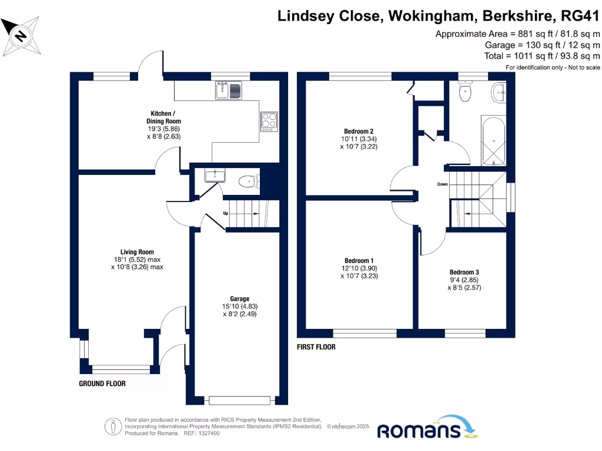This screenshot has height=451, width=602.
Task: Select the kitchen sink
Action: (228, 90)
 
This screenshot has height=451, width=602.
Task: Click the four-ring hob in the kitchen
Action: (269, 120)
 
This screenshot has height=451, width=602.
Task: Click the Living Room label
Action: (137, 252)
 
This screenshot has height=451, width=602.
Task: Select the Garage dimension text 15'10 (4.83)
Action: (240, 306)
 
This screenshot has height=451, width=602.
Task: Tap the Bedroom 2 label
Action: (359, 132)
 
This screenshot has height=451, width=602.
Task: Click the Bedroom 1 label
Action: (359, 261)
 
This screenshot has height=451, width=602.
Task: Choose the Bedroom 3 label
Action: (464, 272)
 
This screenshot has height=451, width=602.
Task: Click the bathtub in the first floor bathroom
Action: (493, 141)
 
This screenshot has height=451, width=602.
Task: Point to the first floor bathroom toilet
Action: (465, 92)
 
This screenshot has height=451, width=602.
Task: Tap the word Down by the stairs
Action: (442, 184)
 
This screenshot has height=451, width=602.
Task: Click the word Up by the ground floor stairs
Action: (225, 213)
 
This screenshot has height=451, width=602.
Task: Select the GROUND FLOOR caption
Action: (102, 383)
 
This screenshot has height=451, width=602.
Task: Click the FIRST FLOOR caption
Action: (316, 347)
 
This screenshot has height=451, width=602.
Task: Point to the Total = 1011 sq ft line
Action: (542, 56)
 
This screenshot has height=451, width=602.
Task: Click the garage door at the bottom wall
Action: (239, 400)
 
